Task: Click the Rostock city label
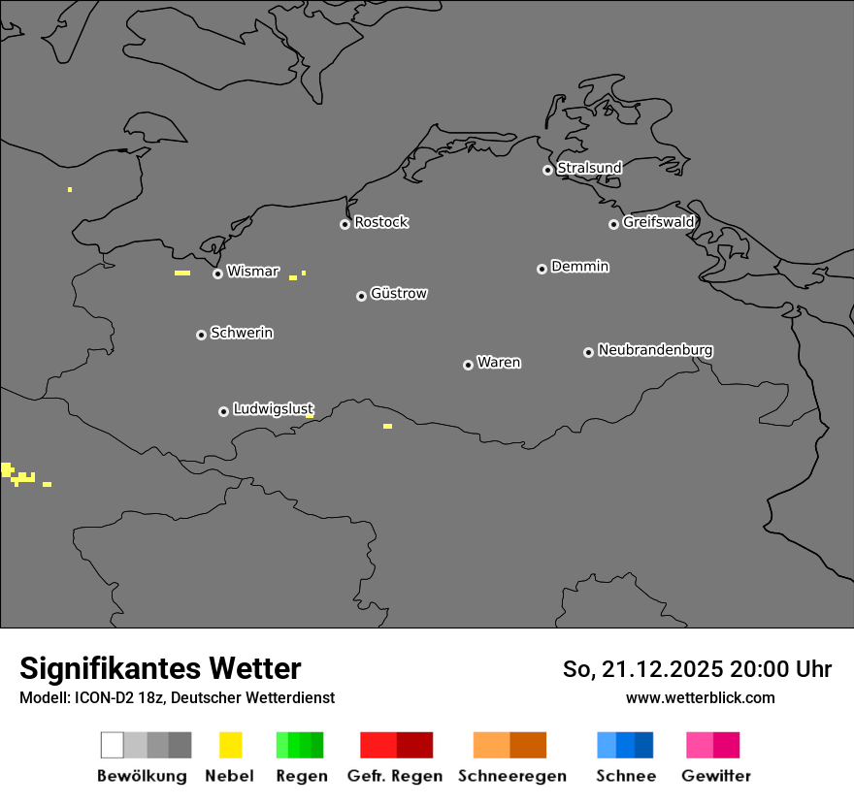coord(381,222)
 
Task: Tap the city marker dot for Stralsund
coord(547,170)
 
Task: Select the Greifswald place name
coord(659,222)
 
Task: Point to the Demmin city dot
coord(542,269)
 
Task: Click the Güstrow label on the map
coord(399,293)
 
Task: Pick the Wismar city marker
coord(217,274)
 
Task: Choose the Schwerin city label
coord(242,333)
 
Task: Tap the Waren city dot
coord(468,365)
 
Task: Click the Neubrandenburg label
coord(655,349)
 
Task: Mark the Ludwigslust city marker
coord(223,411)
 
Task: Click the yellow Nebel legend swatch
coord(230,745)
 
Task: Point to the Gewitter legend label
coord(716,776)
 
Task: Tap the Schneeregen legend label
coord(512,776)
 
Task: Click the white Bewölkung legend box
coord(113,745)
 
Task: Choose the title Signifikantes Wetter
coord(160,668)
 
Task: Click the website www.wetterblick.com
coord(701,697)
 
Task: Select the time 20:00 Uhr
coord(778,669)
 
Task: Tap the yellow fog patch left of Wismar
coord(182,273)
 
